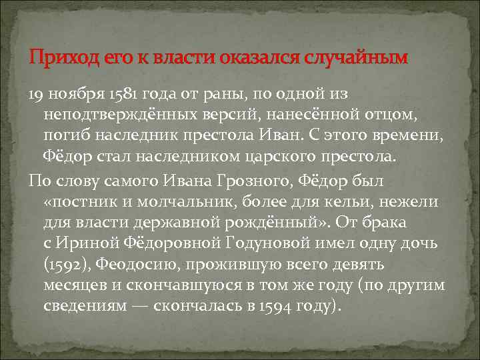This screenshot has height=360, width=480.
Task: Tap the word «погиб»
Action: tap(65, 137)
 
